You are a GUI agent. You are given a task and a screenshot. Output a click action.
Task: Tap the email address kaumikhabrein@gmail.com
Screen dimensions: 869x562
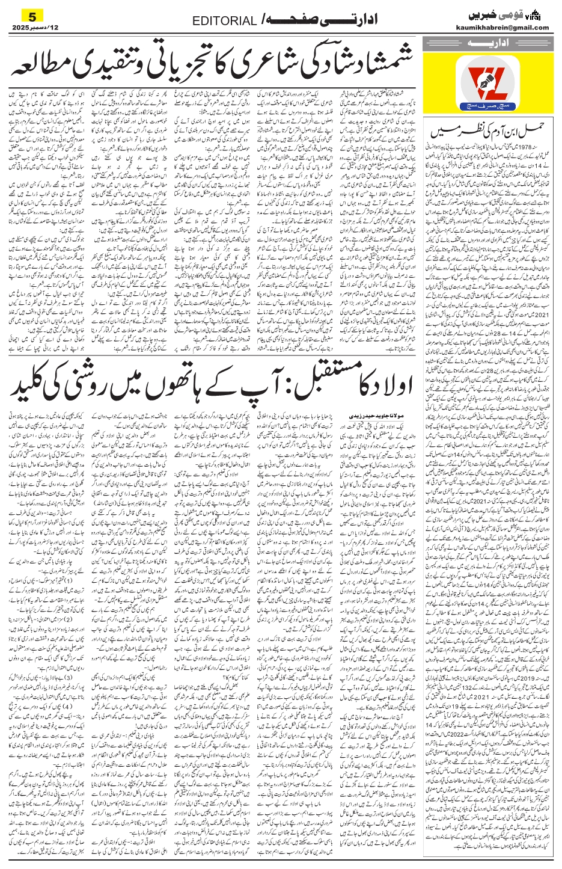509,27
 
